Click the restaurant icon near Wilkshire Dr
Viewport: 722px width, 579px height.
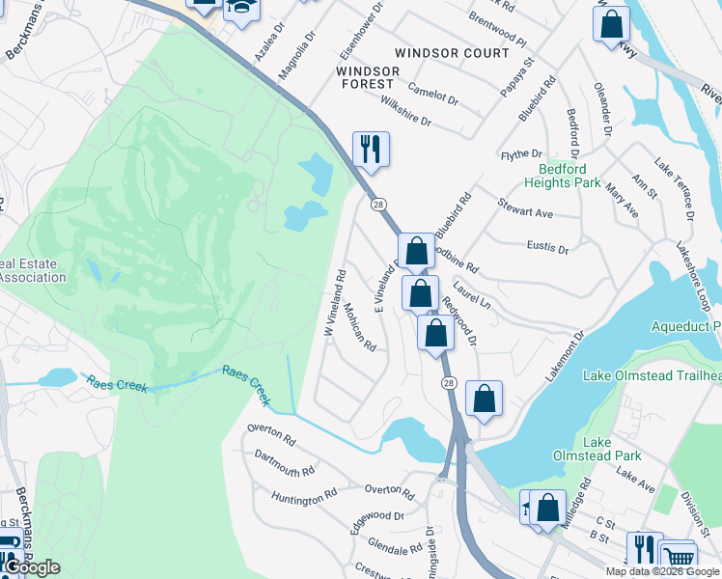pyautogui.click(x=371, y=150)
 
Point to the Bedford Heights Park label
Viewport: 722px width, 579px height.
pyautogui.click(x=563, y=175)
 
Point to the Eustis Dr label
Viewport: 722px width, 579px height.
pyautogui.click(x=548, y=248)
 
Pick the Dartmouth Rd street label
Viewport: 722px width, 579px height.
pyautogui.click(x=285, y=464)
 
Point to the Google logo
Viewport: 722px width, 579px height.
pyautogui.click(x=31, y=567)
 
